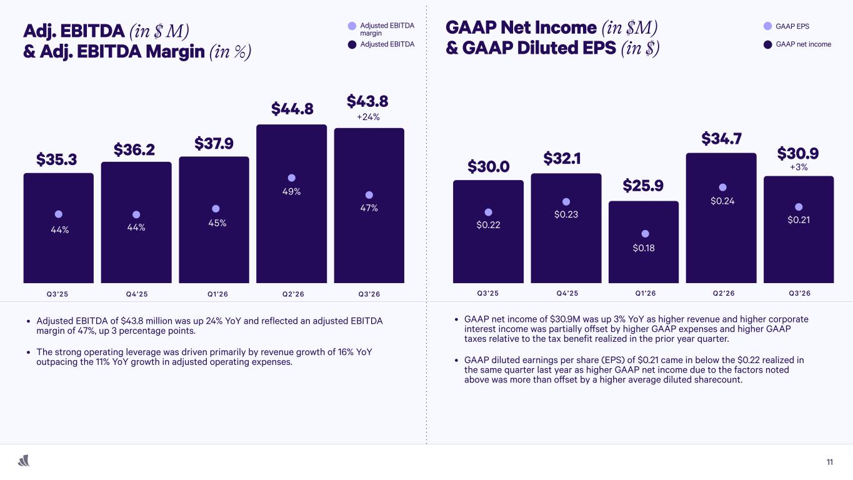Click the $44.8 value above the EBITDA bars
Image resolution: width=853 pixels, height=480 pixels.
[291, 109]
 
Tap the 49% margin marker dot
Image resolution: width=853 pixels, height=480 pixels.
[291, 177]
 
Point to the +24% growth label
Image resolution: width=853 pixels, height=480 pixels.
[368, 117]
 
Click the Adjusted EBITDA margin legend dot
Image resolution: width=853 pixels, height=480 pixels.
[352, 26]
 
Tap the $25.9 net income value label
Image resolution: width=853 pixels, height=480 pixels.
[643, 186]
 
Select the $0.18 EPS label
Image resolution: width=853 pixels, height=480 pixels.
[644, 248]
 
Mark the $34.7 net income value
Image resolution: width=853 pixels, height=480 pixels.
[721, 138]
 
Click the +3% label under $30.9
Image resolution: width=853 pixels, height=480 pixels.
[799, 167]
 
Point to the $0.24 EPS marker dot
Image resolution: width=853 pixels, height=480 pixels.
[722, 187]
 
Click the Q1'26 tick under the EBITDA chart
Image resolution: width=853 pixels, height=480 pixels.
[214, 294]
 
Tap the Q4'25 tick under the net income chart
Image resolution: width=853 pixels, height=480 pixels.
[566, 294]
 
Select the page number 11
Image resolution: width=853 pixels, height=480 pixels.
[829, 462]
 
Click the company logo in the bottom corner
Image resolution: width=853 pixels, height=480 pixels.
[24, 461]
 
